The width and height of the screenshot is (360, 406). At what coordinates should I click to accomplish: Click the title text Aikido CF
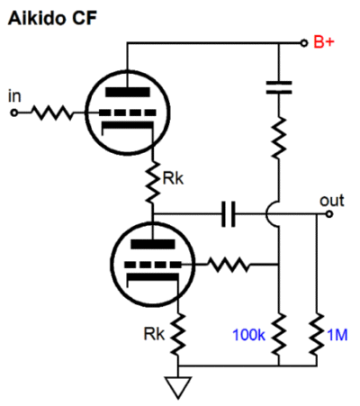52,18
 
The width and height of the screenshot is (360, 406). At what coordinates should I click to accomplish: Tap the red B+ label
324,42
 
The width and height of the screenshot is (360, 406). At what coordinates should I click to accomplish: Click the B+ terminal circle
304,43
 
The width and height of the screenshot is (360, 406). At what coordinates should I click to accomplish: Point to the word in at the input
14,96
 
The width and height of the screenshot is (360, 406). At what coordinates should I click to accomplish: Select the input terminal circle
13,113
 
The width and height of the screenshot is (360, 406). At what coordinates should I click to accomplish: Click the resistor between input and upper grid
51,113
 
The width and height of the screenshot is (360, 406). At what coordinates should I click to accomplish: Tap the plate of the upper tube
128,92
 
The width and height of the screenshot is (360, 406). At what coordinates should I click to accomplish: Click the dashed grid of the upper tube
128,113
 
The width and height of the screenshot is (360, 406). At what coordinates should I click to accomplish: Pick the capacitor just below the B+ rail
279,87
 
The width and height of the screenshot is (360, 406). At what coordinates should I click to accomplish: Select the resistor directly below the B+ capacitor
279,138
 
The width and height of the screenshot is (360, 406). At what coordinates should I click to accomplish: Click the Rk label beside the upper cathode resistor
173,178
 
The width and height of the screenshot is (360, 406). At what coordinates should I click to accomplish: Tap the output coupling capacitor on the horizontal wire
229,214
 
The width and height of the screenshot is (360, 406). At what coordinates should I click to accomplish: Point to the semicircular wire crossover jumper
272,214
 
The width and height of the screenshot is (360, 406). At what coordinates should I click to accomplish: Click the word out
332,201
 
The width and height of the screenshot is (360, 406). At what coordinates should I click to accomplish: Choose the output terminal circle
329,214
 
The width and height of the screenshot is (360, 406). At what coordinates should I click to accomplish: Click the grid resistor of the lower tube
228,265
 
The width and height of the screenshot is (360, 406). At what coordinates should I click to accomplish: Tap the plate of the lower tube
153,244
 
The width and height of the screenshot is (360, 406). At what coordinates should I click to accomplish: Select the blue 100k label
249,335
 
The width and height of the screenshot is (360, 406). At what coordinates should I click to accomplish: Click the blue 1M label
337,335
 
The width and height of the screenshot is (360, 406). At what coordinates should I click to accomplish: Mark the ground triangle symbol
178,387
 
